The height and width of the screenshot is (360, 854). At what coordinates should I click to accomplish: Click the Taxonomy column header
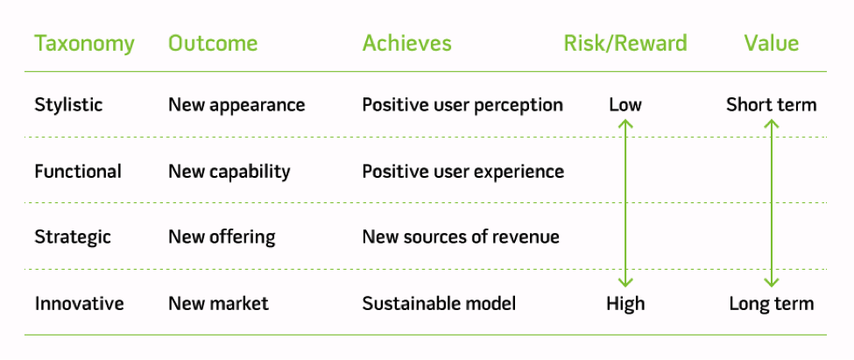(84, 44)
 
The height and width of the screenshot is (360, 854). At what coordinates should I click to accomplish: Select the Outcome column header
(213, 44)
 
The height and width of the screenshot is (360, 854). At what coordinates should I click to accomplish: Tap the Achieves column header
(406, 44)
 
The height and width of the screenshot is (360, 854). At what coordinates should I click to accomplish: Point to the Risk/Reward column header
(625, 44)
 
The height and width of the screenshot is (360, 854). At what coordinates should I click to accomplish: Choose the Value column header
(771, 44)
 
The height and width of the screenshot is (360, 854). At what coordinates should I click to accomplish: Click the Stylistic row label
(68, 105)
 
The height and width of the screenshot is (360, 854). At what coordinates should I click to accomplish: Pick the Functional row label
(78, 172)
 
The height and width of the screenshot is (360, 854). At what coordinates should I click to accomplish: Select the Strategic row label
(72, 237)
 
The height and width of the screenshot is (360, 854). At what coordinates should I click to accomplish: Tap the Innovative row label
(79, 304)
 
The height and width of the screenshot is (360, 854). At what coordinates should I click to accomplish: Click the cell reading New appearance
(236, 105)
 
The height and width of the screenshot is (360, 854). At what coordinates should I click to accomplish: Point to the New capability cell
(229, 172)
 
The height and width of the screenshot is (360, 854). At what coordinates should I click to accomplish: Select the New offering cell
(222, 237)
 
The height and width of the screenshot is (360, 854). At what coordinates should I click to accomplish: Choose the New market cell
(218, 304)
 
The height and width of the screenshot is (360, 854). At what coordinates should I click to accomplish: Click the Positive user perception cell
(462, 105)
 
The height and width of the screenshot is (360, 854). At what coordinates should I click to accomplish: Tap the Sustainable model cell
(439, 304)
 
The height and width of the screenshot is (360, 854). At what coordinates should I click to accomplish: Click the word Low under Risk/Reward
(625, 105)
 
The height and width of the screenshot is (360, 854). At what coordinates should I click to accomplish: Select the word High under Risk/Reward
(625, 304)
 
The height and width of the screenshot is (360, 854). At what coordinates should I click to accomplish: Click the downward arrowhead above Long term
(771, 282)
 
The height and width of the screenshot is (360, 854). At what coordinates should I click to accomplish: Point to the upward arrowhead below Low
(625, 125)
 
